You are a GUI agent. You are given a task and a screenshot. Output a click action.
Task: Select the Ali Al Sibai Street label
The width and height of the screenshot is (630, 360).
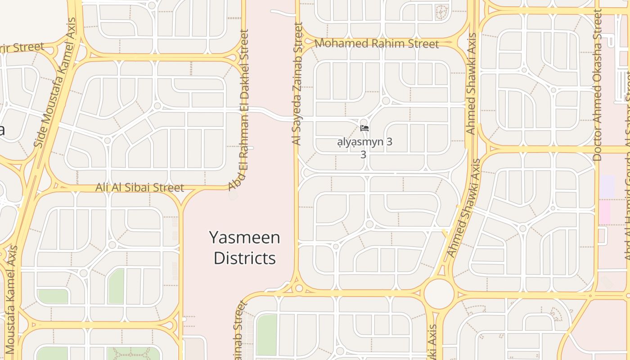139,187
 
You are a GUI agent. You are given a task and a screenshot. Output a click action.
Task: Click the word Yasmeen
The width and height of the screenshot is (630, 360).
245,238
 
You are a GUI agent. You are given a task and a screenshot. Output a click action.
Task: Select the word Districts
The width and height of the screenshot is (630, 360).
245,258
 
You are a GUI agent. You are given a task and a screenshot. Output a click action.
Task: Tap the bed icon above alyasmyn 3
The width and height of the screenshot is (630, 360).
364,128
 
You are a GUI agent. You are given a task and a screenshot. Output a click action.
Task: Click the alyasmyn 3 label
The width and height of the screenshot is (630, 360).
365,142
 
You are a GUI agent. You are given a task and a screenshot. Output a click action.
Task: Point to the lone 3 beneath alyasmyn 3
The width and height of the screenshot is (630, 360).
363,154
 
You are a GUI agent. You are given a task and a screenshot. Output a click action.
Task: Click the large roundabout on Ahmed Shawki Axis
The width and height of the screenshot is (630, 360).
439,293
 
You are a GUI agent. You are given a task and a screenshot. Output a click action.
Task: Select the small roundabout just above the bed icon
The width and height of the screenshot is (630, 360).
364,121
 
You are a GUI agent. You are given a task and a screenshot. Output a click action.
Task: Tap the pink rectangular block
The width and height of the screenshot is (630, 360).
604,212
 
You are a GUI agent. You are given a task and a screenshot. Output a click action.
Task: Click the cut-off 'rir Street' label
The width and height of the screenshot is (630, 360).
22,48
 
